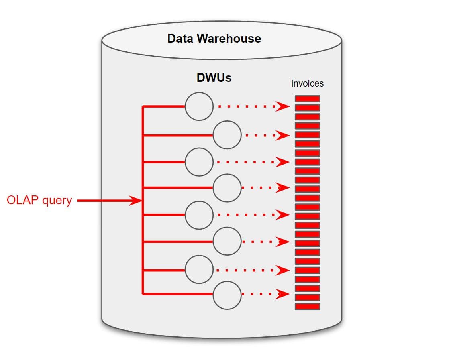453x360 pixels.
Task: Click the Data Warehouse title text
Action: tap(214, 39)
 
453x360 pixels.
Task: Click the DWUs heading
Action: tap(214, 77)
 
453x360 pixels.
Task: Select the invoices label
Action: tap(307, 83)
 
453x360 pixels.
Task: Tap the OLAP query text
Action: tap(39, 200)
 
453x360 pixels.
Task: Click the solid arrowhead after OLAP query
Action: tap(136, 201)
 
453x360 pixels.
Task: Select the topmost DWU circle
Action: tap(199, 106)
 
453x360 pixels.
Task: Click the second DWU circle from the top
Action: tap(227, 135)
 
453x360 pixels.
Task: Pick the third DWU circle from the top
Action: tap(199, 162)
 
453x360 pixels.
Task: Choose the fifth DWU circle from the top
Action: tap(199, 215)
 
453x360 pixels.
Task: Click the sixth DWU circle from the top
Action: tap(227, 242)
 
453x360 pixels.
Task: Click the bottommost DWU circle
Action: tap(227, 295)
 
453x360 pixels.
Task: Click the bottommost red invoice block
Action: tap(308, 306)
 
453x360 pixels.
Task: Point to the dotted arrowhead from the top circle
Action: tap(283, 107)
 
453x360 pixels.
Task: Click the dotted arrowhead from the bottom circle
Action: tap(283, 295)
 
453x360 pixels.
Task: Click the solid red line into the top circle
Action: tap(164, 106)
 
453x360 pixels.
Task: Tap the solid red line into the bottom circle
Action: tap(178, 295)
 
